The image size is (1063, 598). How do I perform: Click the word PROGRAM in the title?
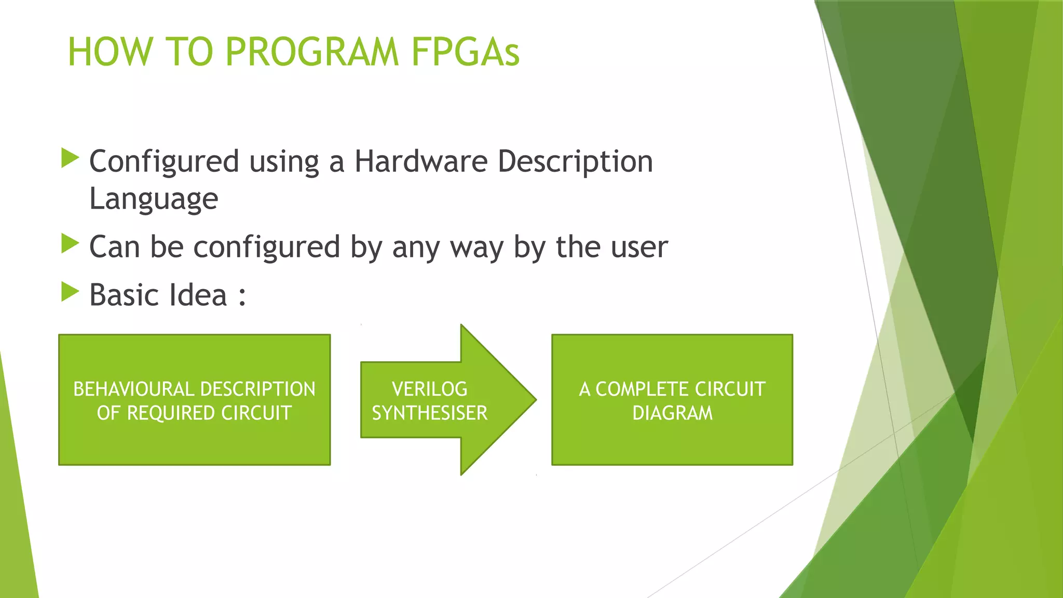(312, 52)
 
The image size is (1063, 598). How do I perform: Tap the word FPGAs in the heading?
(465, 52)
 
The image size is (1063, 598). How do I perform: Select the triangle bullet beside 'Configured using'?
(70, 158)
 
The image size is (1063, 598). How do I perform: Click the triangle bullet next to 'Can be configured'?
(70, 243)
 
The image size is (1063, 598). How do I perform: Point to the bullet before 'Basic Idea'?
(70, 292)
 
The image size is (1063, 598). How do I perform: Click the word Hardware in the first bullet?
(420, 161)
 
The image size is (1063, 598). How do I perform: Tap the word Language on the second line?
(154, 199)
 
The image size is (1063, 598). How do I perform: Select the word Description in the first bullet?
(575, 161)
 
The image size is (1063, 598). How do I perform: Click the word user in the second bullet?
(639, 247)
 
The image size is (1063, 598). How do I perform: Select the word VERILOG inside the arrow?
(429, 389)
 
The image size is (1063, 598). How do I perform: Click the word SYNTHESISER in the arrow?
(429, 413)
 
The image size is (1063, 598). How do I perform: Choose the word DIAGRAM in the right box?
(672, 413)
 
